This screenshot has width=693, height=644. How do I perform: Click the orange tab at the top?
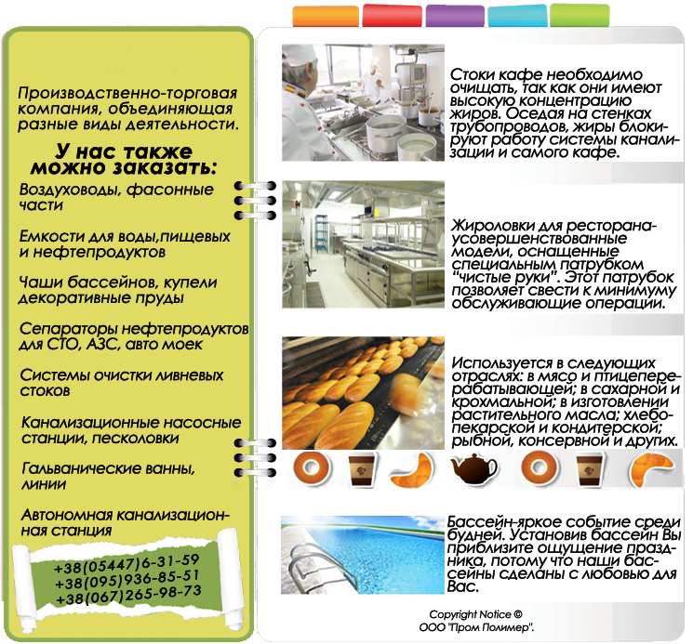click(x=326, y=16)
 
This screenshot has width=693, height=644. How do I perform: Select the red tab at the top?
click(x=392, y=15)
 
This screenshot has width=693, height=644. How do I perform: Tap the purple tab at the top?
click(x=455, y=16)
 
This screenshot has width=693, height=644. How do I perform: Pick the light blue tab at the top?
click(x=518, y=17)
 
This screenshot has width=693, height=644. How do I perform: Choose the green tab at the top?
click(x=580, y=16)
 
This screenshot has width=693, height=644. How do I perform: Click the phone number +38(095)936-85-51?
click(x=127, y=580)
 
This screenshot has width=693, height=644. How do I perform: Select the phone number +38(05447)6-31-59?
click(x=127, y=564)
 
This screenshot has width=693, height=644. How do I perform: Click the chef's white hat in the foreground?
click(x=300, y=54)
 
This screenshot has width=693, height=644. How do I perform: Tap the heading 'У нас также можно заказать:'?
click(x=124, y=159)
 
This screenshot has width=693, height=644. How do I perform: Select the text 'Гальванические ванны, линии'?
click(x=108, y=476)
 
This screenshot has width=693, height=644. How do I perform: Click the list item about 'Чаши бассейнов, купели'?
click(x=118, y=290)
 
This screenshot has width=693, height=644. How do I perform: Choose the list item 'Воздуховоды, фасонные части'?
click(x=116, y=197)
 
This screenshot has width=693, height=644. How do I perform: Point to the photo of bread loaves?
click(x=363, y=393)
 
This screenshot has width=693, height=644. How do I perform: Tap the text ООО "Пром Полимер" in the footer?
click(x=476, y=627)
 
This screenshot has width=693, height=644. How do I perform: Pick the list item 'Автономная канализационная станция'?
click(x=125, y=522)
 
